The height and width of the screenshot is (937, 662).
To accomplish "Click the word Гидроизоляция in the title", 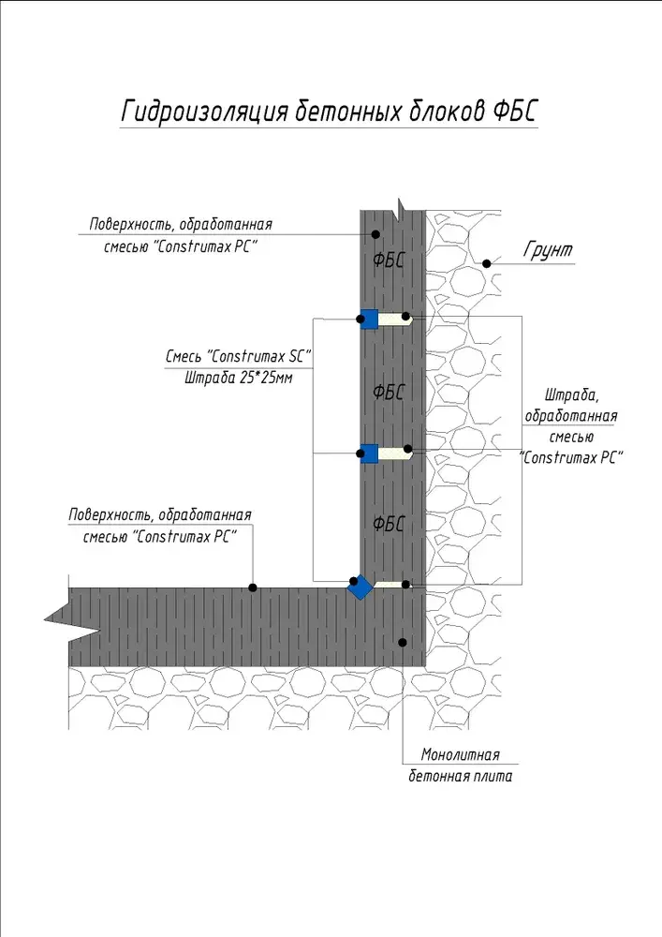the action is (205, 112).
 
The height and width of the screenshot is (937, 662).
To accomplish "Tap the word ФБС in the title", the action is (515, 111).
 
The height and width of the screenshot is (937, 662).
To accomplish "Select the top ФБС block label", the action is (388, 260).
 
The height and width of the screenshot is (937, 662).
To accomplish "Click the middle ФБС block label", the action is (388, 392).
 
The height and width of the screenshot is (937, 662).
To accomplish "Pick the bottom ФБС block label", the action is (388, 524).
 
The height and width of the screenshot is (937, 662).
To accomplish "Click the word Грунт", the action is (548, 249).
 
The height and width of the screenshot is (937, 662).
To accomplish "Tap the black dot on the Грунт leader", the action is (487, 263).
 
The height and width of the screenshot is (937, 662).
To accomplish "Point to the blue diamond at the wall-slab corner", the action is (360, 587).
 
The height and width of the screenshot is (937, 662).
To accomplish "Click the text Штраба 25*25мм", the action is (239, 378).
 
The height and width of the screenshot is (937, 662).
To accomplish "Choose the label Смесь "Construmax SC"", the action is (239, 356).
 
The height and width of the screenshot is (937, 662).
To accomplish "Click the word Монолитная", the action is (461, 754).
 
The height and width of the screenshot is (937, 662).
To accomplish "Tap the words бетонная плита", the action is (461, 776).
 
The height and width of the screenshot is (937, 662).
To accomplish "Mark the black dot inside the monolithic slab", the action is (403, 643).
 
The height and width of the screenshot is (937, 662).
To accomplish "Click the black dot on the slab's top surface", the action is (253, 588).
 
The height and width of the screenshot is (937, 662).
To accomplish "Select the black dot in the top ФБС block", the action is (376, 234).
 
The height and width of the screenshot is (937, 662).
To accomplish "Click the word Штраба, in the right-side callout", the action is (571, 395).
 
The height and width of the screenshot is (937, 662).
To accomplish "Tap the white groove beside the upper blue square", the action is (395, 320).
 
